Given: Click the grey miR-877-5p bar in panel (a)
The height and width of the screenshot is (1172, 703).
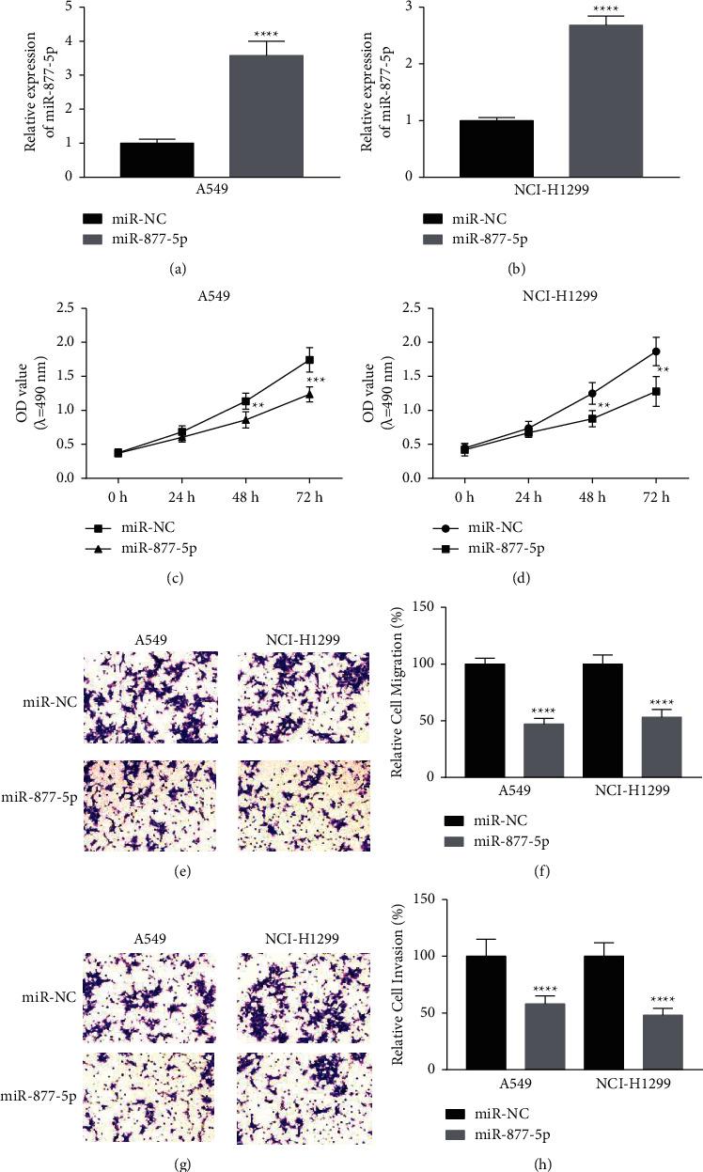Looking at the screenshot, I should pos(266,116).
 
